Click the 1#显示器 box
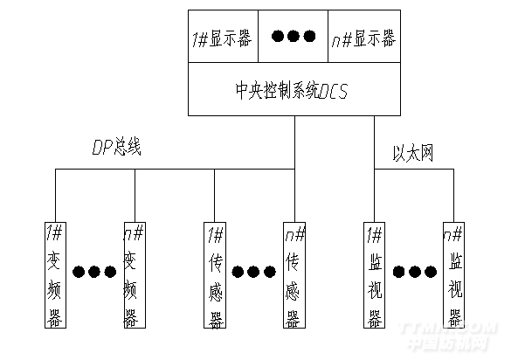click(x=224, y=38)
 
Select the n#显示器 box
click(x=363, y=38)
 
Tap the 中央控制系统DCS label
click(x=294, y=90)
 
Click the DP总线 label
click(x=117, y=148)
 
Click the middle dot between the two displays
click(x=294, y=37)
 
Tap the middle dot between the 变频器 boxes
click(x=94, y=272)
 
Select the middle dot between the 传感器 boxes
click(x=254, y=272)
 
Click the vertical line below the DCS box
click(x=294, y=140)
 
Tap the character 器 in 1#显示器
click(x=247, y=38)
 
